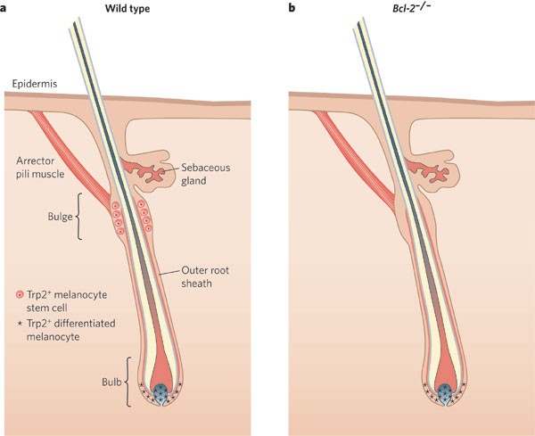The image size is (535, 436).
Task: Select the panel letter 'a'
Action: pos(5,8)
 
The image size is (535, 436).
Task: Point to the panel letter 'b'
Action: pos(291,8)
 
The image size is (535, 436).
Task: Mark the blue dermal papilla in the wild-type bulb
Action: pos(163,393)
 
